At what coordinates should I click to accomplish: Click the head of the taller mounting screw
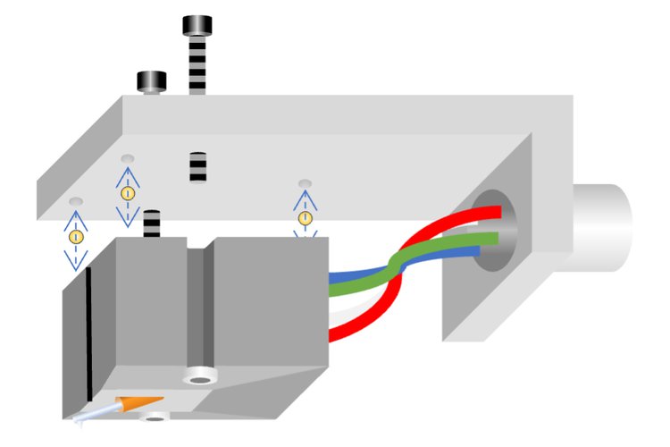tap(197, 25)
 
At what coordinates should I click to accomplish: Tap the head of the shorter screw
tap(152, 81)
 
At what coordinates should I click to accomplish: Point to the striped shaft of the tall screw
tap(197, 66)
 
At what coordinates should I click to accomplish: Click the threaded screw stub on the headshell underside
tap(197, 167)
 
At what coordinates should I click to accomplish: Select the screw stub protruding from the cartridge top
tap(153, 223)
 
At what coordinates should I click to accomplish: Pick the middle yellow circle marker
tap(127, 192)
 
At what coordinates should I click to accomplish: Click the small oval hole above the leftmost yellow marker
tap(76, 201)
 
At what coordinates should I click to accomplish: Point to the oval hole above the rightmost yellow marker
tap(305, 182)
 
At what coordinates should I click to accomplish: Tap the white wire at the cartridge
tap(344, 314)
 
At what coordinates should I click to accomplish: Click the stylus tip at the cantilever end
tap(80, 418)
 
